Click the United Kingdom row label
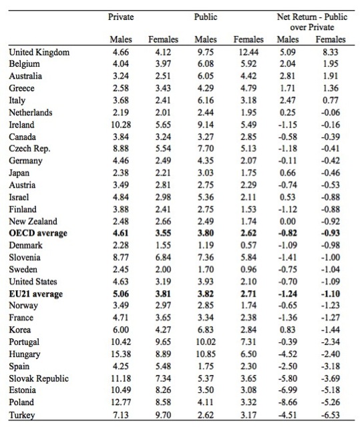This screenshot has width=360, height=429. point(39,52)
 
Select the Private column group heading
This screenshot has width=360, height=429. point(121,17)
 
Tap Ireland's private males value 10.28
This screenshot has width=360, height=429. point(121,125)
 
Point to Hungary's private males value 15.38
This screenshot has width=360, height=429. point(121,354)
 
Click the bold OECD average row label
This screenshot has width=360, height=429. point(38,233)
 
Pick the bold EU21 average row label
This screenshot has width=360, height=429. point(36,294)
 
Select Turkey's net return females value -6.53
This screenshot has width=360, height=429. point(331,415)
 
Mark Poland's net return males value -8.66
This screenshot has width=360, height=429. point(288,402)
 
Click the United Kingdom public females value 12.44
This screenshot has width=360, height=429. point(248,52)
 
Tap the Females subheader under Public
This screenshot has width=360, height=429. point(248,39)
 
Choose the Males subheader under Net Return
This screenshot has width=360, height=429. point(288,39)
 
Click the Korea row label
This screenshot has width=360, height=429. point(20,330)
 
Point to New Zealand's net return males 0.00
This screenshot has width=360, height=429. point(288,222)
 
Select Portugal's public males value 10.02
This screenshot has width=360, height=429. point(206,342)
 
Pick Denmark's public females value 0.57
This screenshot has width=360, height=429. point(248,245)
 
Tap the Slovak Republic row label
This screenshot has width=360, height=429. point(39,378)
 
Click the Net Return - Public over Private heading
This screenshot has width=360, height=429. point(312,22)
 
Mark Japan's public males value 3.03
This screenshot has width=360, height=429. point(206,173)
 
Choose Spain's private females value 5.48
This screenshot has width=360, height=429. point(163,366)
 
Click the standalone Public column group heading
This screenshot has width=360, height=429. point(206,17)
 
